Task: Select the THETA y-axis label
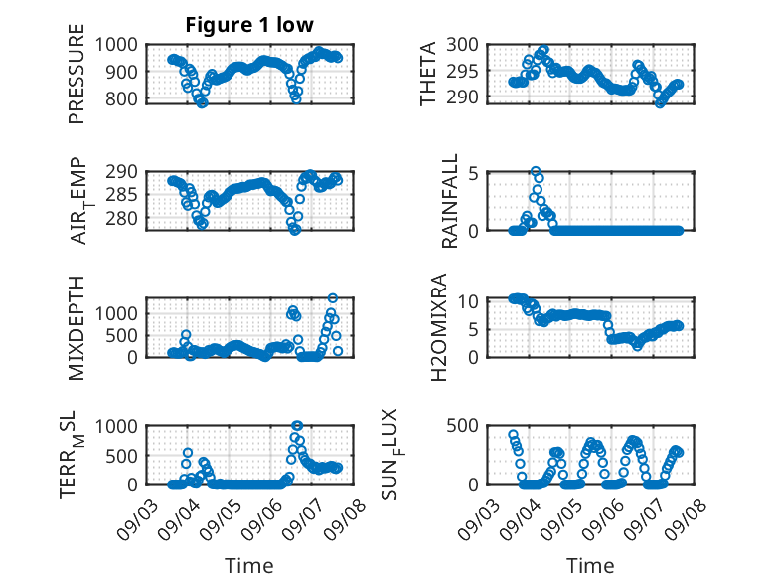428,75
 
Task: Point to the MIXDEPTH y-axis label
77,327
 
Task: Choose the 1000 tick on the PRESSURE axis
123,44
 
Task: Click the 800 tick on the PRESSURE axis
127,98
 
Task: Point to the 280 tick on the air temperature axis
127,218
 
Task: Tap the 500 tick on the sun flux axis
468,426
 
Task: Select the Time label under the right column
590,565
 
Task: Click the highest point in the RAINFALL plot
536,172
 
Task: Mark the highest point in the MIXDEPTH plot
333,297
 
